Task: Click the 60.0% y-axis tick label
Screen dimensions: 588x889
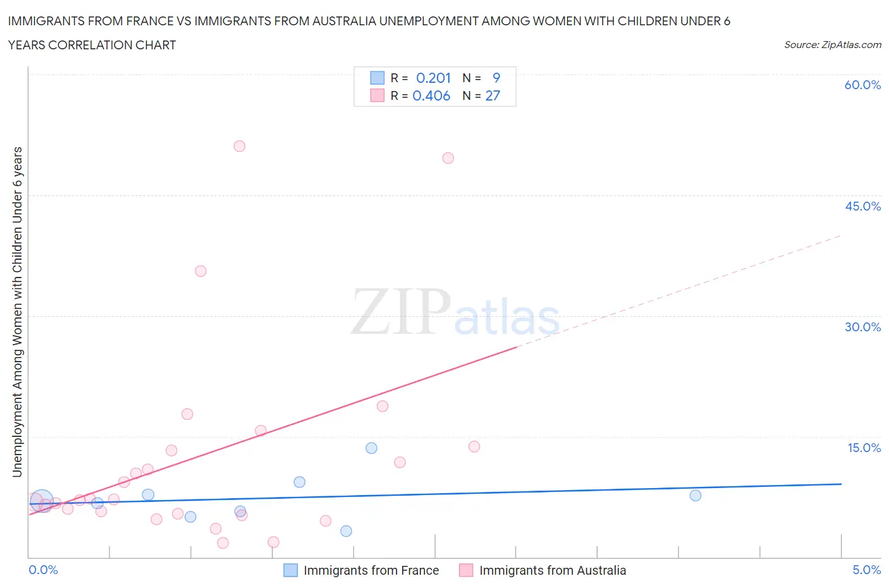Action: [x=862, y=85]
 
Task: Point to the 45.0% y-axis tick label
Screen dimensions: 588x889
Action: [x=862, y=206]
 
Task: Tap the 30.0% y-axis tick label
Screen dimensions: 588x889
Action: [x=862, y=327]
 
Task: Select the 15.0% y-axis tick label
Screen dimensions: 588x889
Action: [x=864, y=448]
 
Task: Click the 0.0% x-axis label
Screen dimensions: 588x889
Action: [x=43, y=570]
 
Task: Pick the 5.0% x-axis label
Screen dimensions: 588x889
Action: [x=866, y=570]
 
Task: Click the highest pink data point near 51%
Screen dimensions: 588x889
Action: [x=239, y=146]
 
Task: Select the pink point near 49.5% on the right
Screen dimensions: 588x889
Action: [x=448, y=158]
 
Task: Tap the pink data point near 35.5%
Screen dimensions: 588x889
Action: [x=200, y=271]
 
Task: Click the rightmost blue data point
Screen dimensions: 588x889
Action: [x=696, y=496]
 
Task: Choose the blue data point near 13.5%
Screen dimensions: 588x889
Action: [x=371, y=448]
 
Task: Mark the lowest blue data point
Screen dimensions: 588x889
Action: [x=346, y=531]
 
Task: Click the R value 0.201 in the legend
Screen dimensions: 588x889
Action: [x=433, y=78]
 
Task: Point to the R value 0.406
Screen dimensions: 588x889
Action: [x=431, y=95]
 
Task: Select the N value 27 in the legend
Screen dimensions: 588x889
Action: [x=493, y=95]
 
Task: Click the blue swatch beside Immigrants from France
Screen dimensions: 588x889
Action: [x=290, y=570]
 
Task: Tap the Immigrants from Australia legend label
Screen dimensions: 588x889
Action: [x=553, y=570]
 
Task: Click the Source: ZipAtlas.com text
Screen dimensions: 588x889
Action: [x=832, y=44]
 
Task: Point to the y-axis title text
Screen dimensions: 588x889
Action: [x=17, y=312]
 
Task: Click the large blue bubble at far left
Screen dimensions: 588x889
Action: [x=42, y=501]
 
